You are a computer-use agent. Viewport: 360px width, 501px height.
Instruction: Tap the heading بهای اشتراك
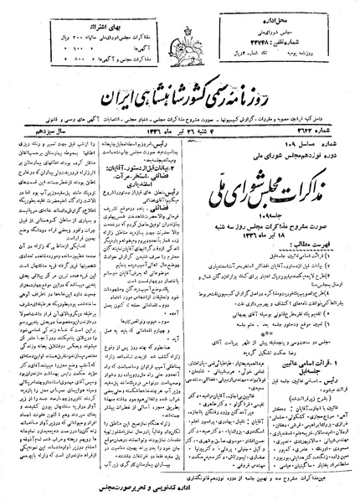(x=61, y=18)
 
